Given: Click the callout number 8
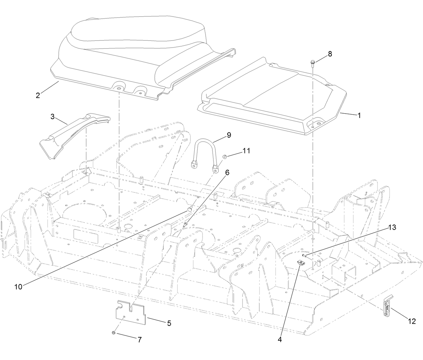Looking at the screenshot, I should point(330,54).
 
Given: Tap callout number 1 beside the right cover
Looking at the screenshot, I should point(359,115).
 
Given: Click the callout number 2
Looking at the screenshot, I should point(38,95).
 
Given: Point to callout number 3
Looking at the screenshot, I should point(52,117).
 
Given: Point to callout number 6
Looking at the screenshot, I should point(227,172).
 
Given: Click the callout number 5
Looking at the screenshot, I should point(169,323).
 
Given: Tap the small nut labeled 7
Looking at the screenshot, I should point(114,332).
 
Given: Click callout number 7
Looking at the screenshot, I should point(139,339).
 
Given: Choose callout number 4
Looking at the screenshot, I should point(279,339).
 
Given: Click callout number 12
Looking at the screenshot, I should point(412,321).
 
